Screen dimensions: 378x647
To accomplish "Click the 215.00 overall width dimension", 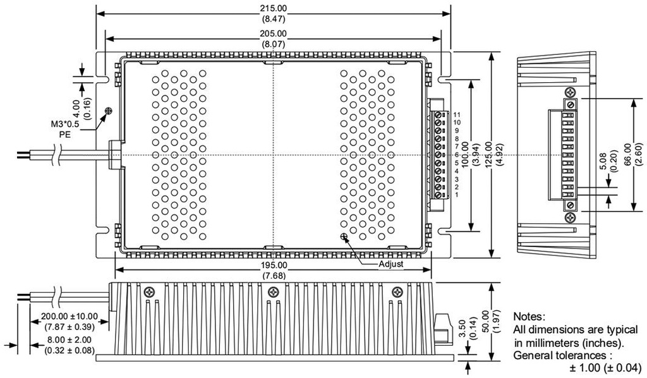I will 273,8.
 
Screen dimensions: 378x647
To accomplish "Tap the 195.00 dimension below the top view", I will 273,265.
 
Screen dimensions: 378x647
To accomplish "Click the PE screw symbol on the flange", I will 109,111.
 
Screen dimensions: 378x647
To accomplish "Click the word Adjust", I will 390,264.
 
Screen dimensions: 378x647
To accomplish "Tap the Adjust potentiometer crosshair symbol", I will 344,237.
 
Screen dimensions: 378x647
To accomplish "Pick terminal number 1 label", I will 456,195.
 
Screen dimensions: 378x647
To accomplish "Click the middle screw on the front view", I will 273,291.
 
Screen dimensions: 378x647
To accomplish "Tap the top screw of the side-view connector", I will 571,103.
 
